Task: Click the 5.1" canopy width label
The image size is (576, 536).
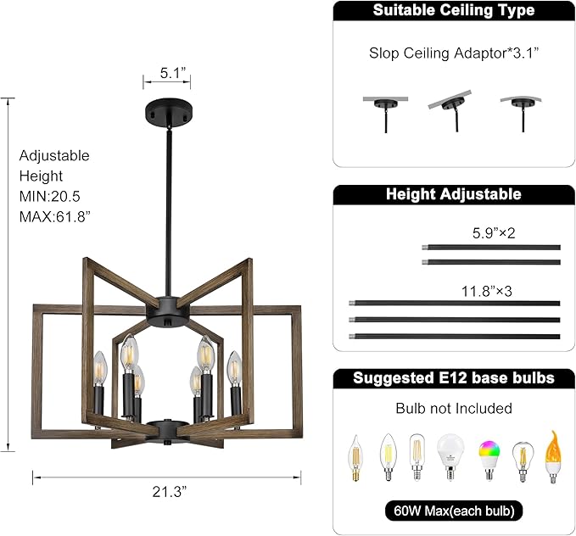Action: tap(166, 73)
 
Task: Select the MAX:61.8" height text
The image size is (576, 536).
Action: tap(55, 216)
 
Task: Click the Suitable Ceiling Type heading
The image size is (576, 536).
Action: tap(454, 11)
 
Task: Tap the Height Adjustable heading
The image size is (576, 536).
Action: tap(454, 194)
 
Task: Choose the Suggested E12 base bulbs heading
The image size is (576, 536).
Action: tap(454, 378)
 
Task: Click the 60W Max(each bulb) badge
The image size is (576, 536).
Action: tap(454, 511)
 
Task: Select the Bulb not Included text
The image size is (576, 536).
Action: tap(454, 409)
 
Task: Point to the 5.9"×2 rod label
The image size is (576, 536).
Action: tap(493, 232)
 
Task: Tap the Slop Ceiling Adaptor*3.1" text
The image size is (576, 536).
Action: tap(454, 53)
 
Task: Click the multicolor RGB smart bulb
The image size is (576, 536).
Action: tap(489, 458)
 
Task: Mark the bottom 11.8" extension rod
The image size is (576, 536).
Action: tap(454, 337)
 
